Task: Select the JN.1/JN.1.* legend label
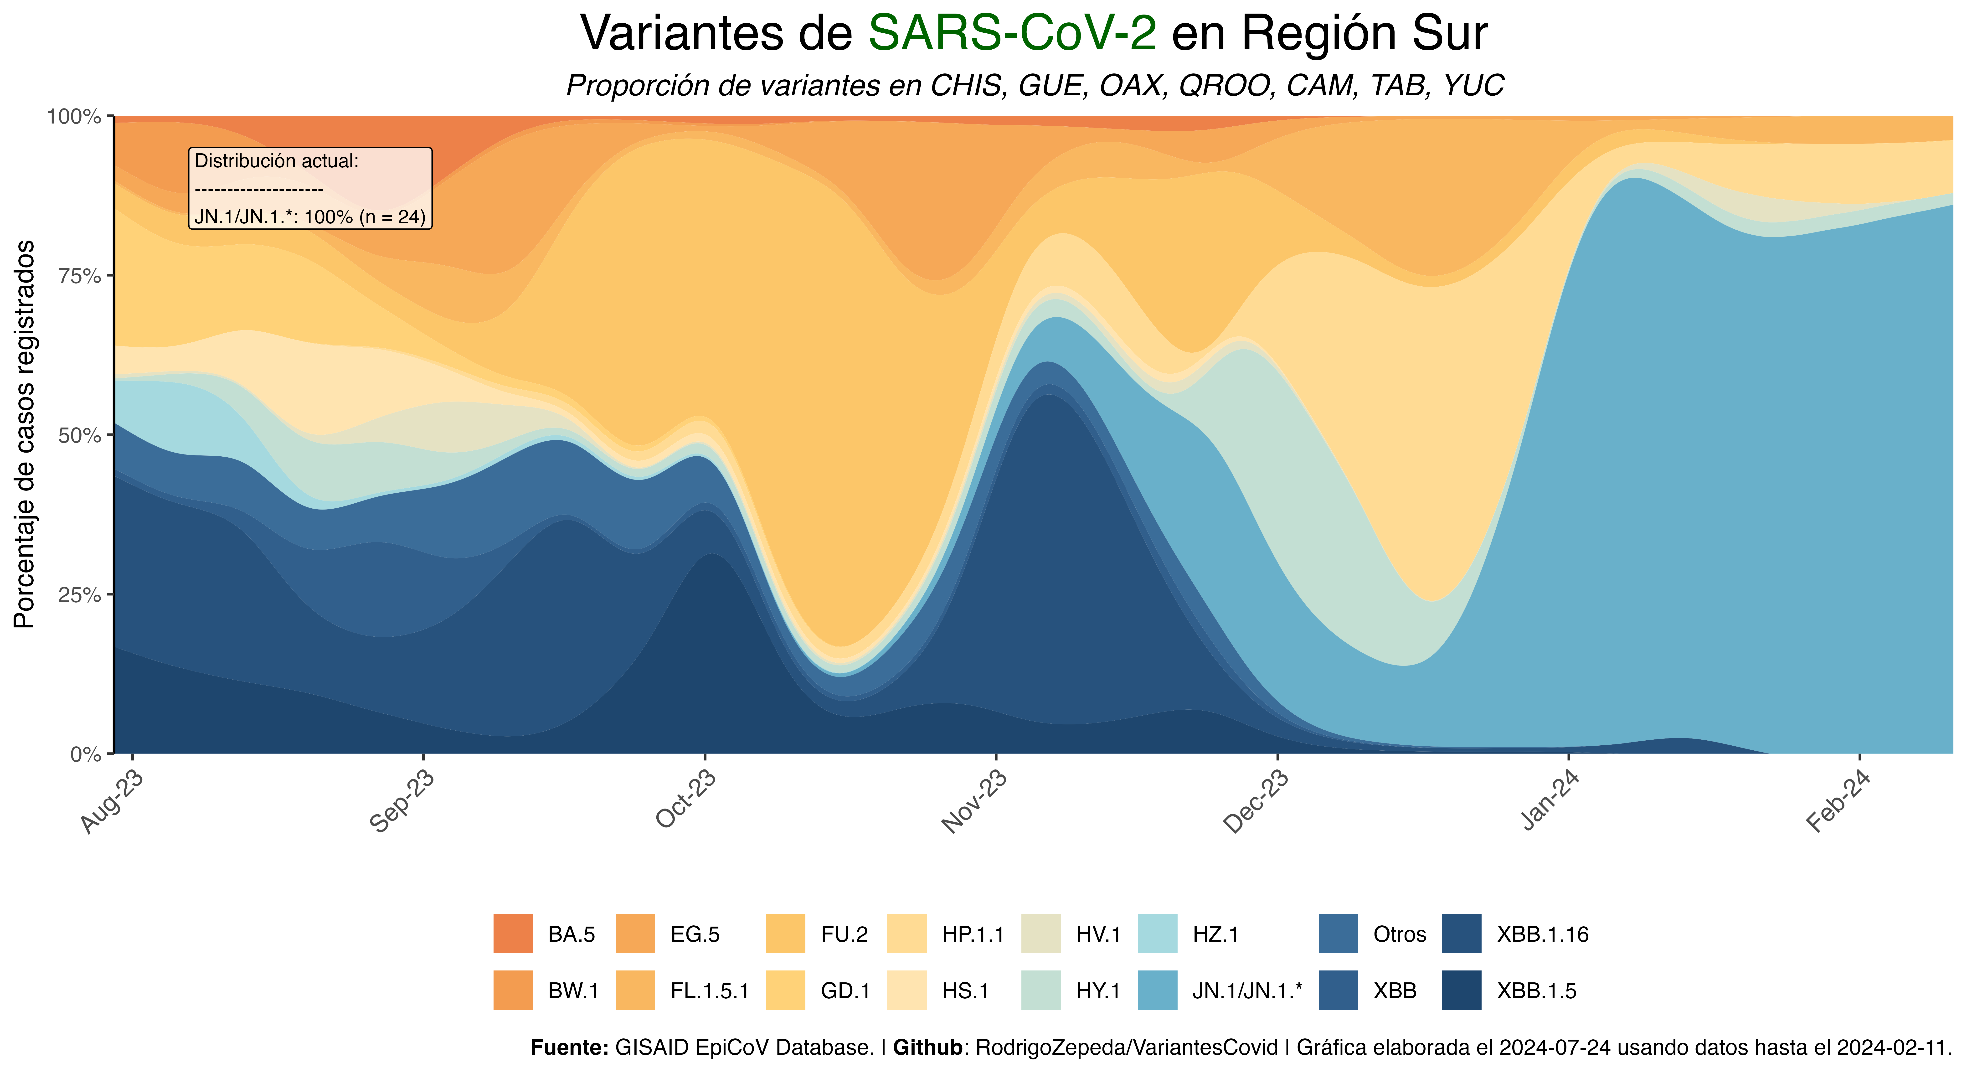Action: (1247, 990)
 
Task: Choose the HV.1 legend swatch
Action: (1041, 933)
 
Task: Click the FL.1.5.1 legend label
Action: (709, 990)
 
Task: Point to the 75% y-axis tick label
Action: (79, 276)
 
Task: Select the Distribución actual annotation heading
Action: (276, 161)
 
